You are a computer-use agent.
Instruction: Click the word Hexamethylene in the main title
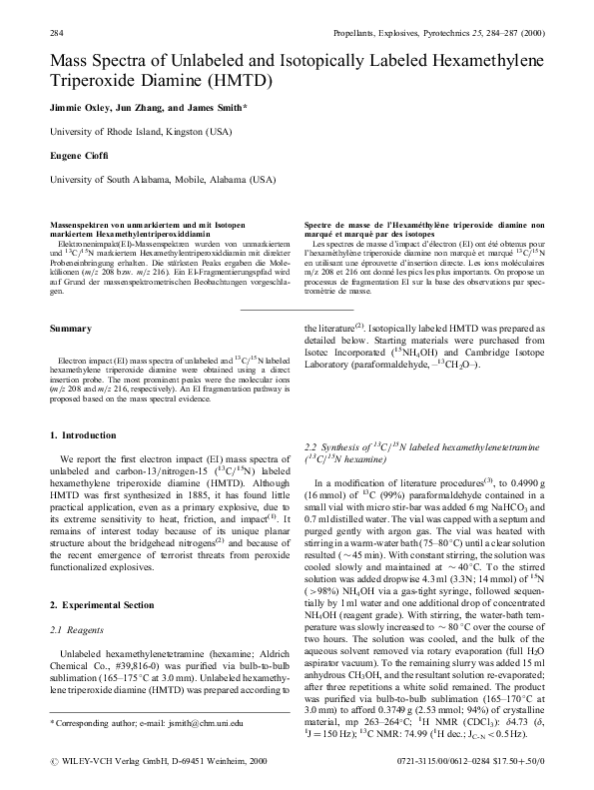(x=478, y=63)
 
